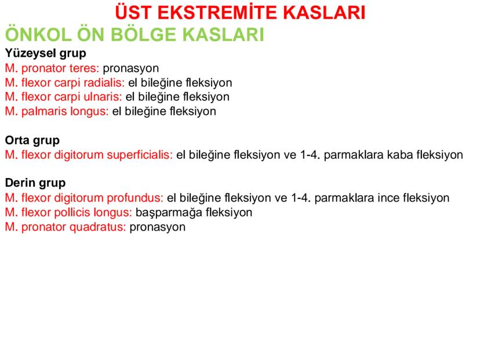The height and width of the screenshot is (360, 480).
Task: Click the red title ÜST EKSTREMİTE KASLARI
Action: click(x=240, y=13)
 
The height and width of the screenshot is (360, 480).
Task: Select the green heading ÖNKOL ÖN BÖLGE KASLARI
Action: click(x=134, y=34)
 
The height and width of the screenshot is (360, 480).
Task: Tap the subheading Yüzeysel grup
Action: click(x=45, y=53)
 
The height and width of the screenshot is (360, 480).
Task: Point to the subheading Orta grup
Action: click(x=32, y=140)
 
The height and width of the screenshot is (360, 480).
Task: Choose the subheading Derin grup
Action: click(x=35, y=183)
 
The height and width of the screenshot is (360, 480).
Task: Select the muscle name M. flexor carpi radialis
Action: click(x=64, y=82)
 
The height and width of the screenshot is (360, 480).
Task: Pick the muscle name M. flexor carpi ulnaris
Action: click(x=63, y=96)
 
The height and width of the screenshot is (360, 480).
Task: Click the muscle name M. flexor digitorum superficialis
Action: click(x=89, y=155)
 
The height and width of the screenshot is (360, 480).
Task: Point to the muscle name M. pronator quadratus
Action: click(x=66, y=226)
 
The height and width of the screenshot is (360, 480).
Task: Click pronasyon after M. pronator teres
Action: click(x=131, y=68)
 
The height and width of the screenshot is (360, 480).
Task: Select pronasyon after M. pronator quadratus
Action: click(x=158, y=226)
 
